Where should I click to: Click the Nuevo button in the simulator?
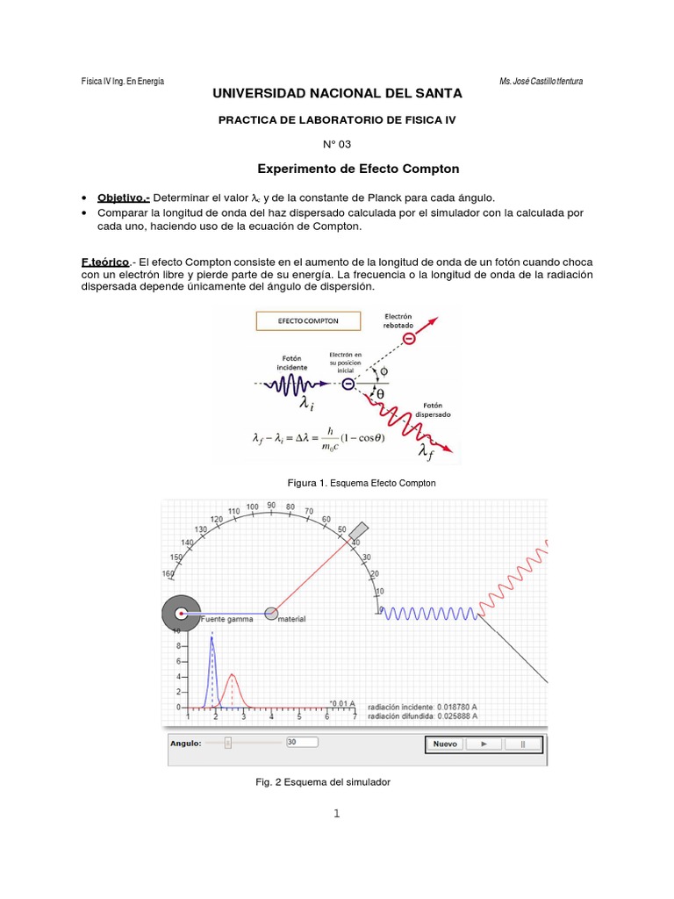(x=445, y=744)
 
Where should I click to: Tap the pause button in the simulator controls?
(x=523, y=744)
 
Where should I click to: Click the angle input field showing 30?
(x=303, y=743)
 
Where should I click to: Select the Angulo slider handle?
(x=227, y=743)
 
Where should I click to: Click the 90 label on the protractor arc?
(x=272, y=506)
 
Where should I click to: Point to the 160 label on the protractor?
(x=168, y=574)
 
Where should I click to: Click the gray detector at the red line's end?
(x=358, y=532)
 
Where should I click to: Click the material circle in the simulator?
(x=272, y=613)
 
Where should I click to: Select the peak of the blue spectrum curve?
(x=212, y=639)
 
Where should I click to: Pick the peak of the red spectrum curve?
(x=232, y=674)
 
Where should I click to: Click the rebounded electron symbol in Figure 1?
(x=408, y=338)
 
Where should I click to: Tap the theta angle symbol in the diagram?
(x=381, y=395)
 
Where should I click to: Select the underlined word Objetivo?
(x=123, y=198)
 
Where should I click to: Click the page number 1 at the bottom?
(x=336, y=813)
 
